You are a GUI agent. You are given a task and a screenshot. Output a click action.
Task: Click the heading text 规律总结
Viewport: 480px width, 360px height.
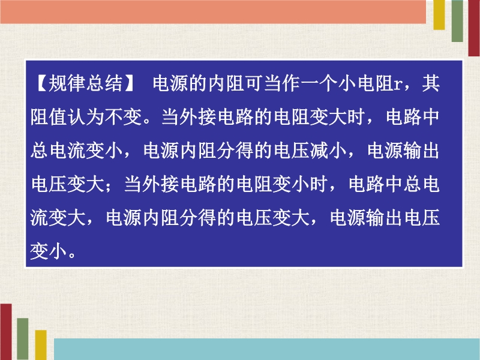coord(86,83)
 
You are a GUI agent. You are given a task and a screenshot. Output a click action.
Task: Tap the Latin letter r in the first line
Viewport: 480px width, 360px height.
coord(397,85)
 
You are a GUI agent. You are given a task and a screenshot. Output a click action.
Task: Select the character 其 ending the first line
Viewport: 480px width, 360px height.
coord(431,83)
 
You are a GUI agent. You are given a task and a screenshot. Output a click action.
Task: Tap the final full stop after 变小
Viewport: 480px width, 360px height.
coord(72,254)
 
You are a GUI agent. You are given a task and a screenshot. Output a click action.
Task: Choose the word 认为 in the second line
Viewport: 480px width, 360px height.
coord(86,116)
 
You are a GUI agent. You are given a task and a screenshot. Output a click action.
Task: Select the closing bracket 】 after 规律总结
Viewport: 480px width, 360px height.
coord(129,83)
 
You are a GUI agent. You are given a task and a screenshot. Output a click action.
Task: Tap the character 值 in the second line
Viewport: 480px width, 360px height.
coord(58,116)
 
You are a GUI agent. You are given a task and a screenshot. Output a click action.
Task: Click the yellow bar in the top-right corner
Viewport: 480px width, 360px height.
coord(439,14)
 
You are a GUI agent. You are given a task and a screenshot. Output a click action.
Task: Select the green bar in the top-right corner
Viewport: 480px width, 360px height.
coord(457,21)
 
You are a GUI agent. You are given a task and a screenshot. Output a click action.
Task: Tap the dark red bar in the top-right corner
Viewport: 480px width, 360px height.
coord(474,28)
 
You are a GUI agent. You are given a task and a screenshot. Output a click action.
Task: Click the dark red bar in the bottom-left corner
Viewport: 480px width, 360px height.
coord(6,332)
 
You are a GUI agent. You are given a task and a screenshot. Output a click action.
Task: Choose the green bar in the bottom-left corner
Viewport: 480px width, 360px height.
coord(23,339)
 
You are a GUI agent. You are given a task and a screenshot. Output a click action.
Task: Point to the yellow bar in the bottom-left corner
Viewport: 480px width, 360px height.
coord(41,345)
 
